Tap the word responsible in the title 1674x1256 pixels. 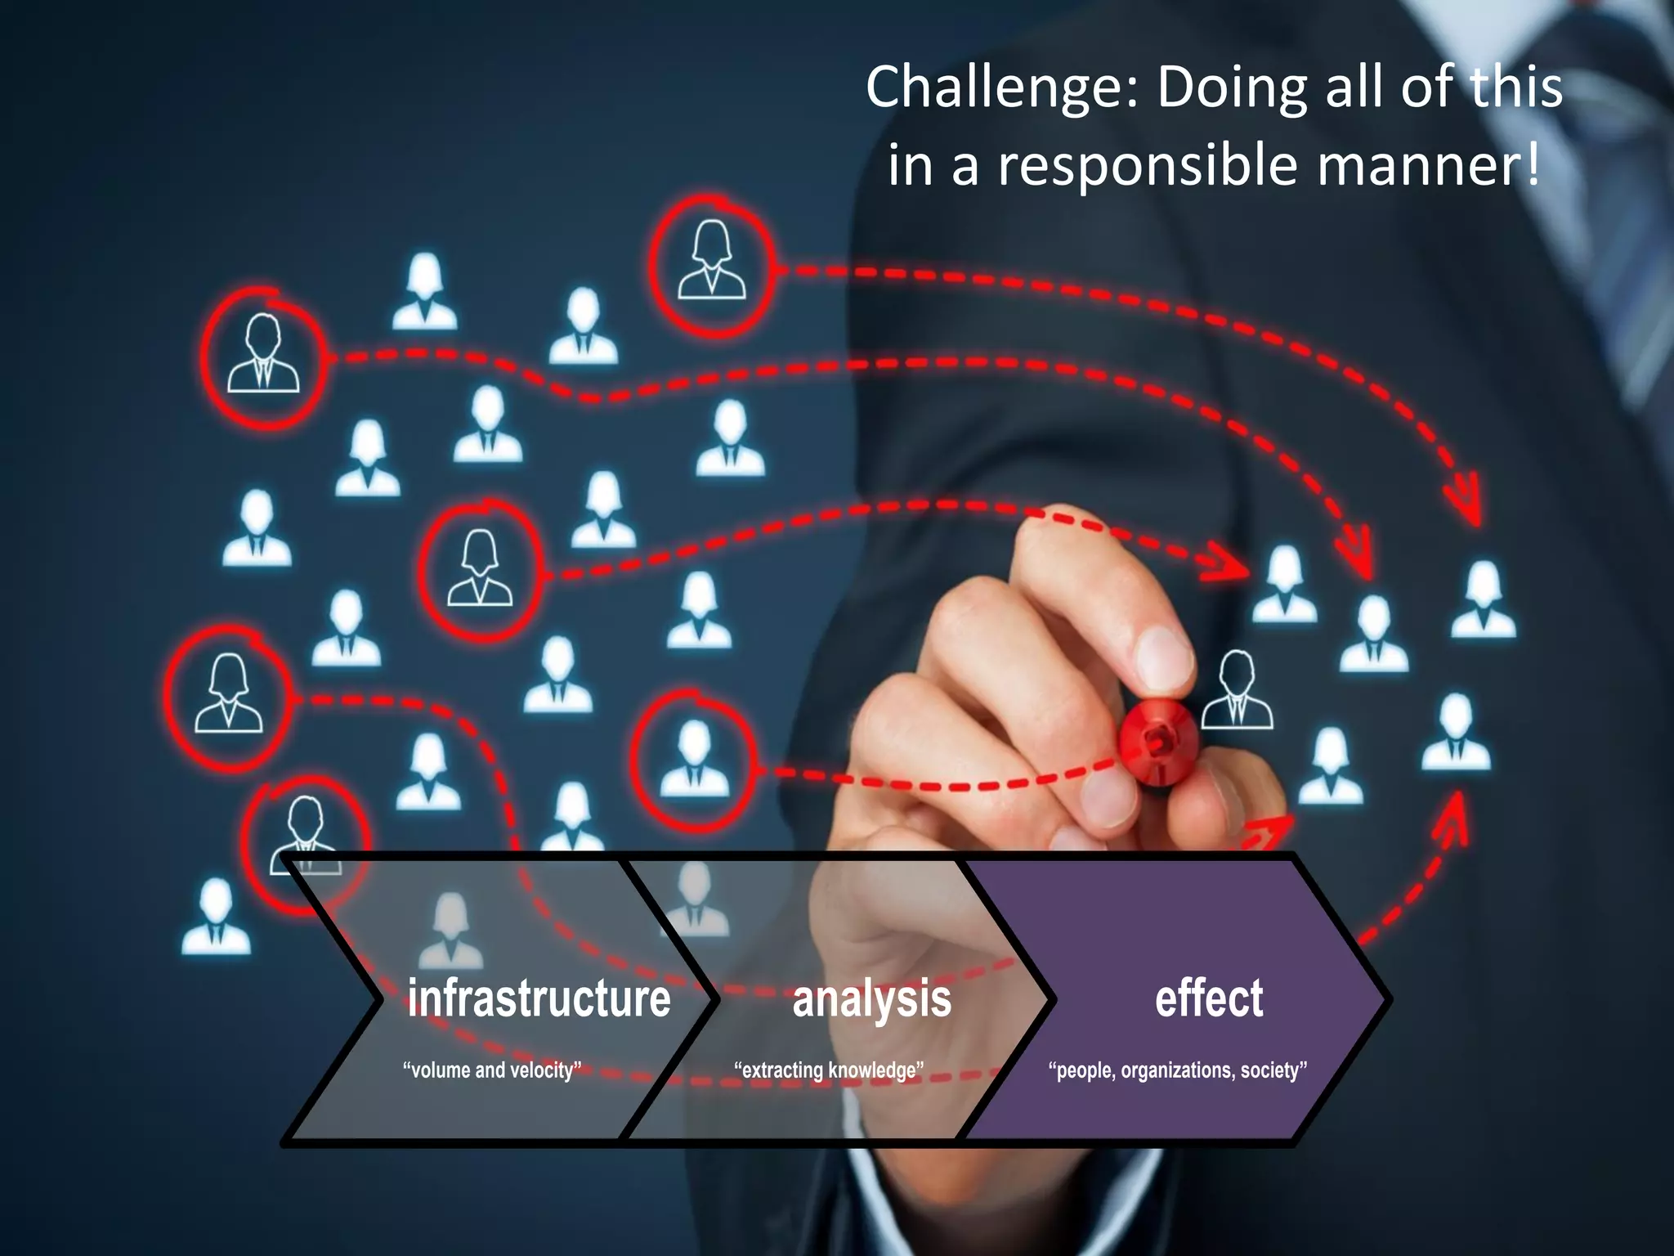[x=1147, y=164]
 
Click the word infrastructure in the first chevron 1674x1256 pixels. [x=539, y=998]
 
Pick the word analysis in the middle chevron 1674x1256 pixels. [x=871, y=998]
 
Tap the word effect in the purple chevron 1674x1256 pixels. [x=1209, y=998]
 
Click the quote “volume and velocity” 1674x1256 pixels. [x=492, y=1070]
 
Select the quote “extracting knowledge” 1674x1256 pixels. [x=829, y=1070]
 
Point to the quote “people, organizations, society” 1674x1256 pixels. [x=1178, y=1070]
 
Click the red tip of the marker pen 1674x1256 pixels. [x=1157, y=742]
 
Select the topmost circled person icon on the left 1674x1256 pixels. [x=262, y=357]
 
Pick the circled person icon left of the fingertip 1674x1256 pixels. [x=481, y=570]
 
